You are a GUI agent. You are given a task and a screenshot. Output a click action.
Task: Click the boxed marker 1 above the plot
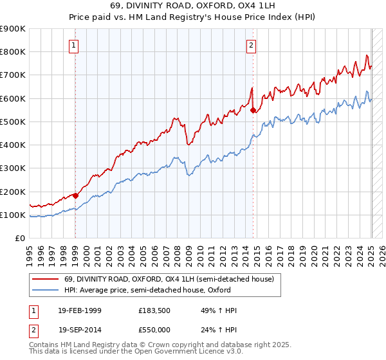75,45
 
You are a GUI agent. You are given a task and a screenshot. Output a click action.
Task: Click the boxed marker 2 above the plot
250,45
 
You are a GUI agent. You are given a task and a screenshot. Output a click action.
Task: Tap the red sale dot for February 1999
75,195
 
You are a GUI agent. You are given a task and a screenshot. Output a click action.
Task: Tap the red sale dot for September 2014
253,110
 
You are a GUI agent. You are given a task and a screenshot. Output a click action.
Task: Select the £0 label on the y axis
20,239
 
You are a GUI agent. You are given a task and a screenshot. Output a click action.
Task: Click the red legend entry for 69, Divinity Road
169,278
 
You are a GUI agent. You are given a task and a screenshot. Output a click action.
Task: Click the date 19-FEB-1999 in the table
78,310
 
